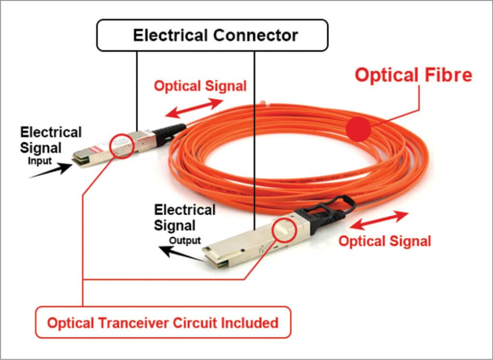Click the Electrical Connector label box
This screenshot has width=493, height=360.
click(x=212, y=35)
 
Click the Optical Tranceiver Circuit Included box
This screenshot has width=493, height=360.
click(x=163, y=322)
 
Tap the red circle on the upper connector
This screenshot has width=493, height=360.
click(x=121, y=146)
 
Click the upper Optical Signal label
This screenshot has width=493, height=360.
click(x=200, y=86)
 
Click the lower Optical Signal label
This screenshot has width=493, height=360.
click(x=385, y=241)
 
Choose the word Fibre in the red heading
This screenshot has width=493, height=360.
click(x=448, y=75)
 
